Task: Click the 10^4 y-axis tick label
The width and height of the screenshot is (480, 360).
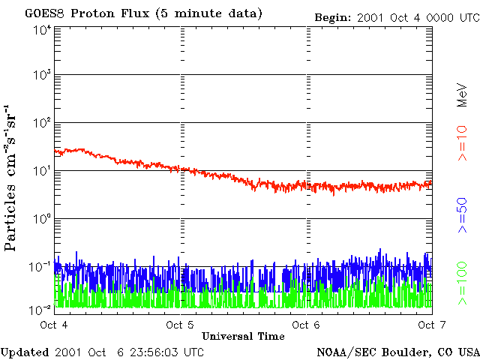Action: point(41,29)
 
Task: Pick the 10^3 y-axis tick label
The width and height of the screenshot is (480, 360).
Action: point(41,76)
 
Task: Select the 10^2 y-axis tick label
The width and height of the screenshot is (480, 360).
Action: point(41,124)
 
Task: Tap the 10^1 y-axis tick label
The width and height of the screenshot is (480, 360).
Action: point(41,172)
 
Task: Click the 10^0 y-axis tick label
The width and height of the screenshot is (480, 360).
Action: point(41,220)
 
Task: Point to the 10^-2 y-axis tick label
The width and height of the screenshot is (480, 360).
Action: point(40,309)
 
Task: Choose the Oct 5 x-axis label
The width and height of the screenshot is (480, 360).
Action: point(178,325)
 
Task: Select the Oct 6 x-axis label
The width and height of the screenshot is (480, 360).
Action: point(304,325)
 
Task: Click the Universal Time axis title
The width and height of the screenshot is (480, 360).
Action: point(243,336)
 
